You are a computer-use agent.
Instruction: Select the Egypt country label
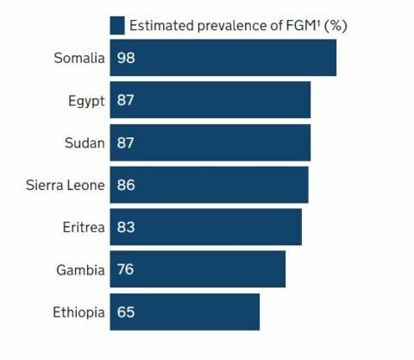coord(86,101)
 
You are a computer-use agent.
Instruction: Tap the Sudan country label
coord(85,143)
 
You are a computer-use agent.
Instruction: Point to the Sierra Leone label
coord(66,185)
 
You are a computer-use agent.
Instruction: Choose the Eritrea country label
coord(83,227)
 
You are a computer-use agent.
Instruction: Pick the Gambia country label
coord(80,269)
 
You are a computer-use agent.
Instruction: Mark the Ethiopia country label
coord(78,312)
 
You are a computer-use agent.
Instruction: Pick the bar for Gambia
coord(198,269)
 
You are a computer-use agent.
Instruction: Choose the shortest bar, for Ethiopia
coord(185,312)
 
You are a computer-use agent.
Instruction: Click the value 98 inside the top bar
coord(126,59)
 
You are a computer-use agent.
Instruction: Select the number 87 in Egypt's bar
coord(126,101)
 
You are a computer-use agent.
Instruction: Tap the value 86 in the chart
coord(126,185)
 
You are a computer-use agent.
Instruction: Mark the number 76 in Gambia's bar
coord(126,269)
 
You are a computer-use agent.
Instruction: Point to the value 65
coord(126,312)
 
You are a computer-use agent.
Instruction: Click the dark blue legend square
coord(117,25)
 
